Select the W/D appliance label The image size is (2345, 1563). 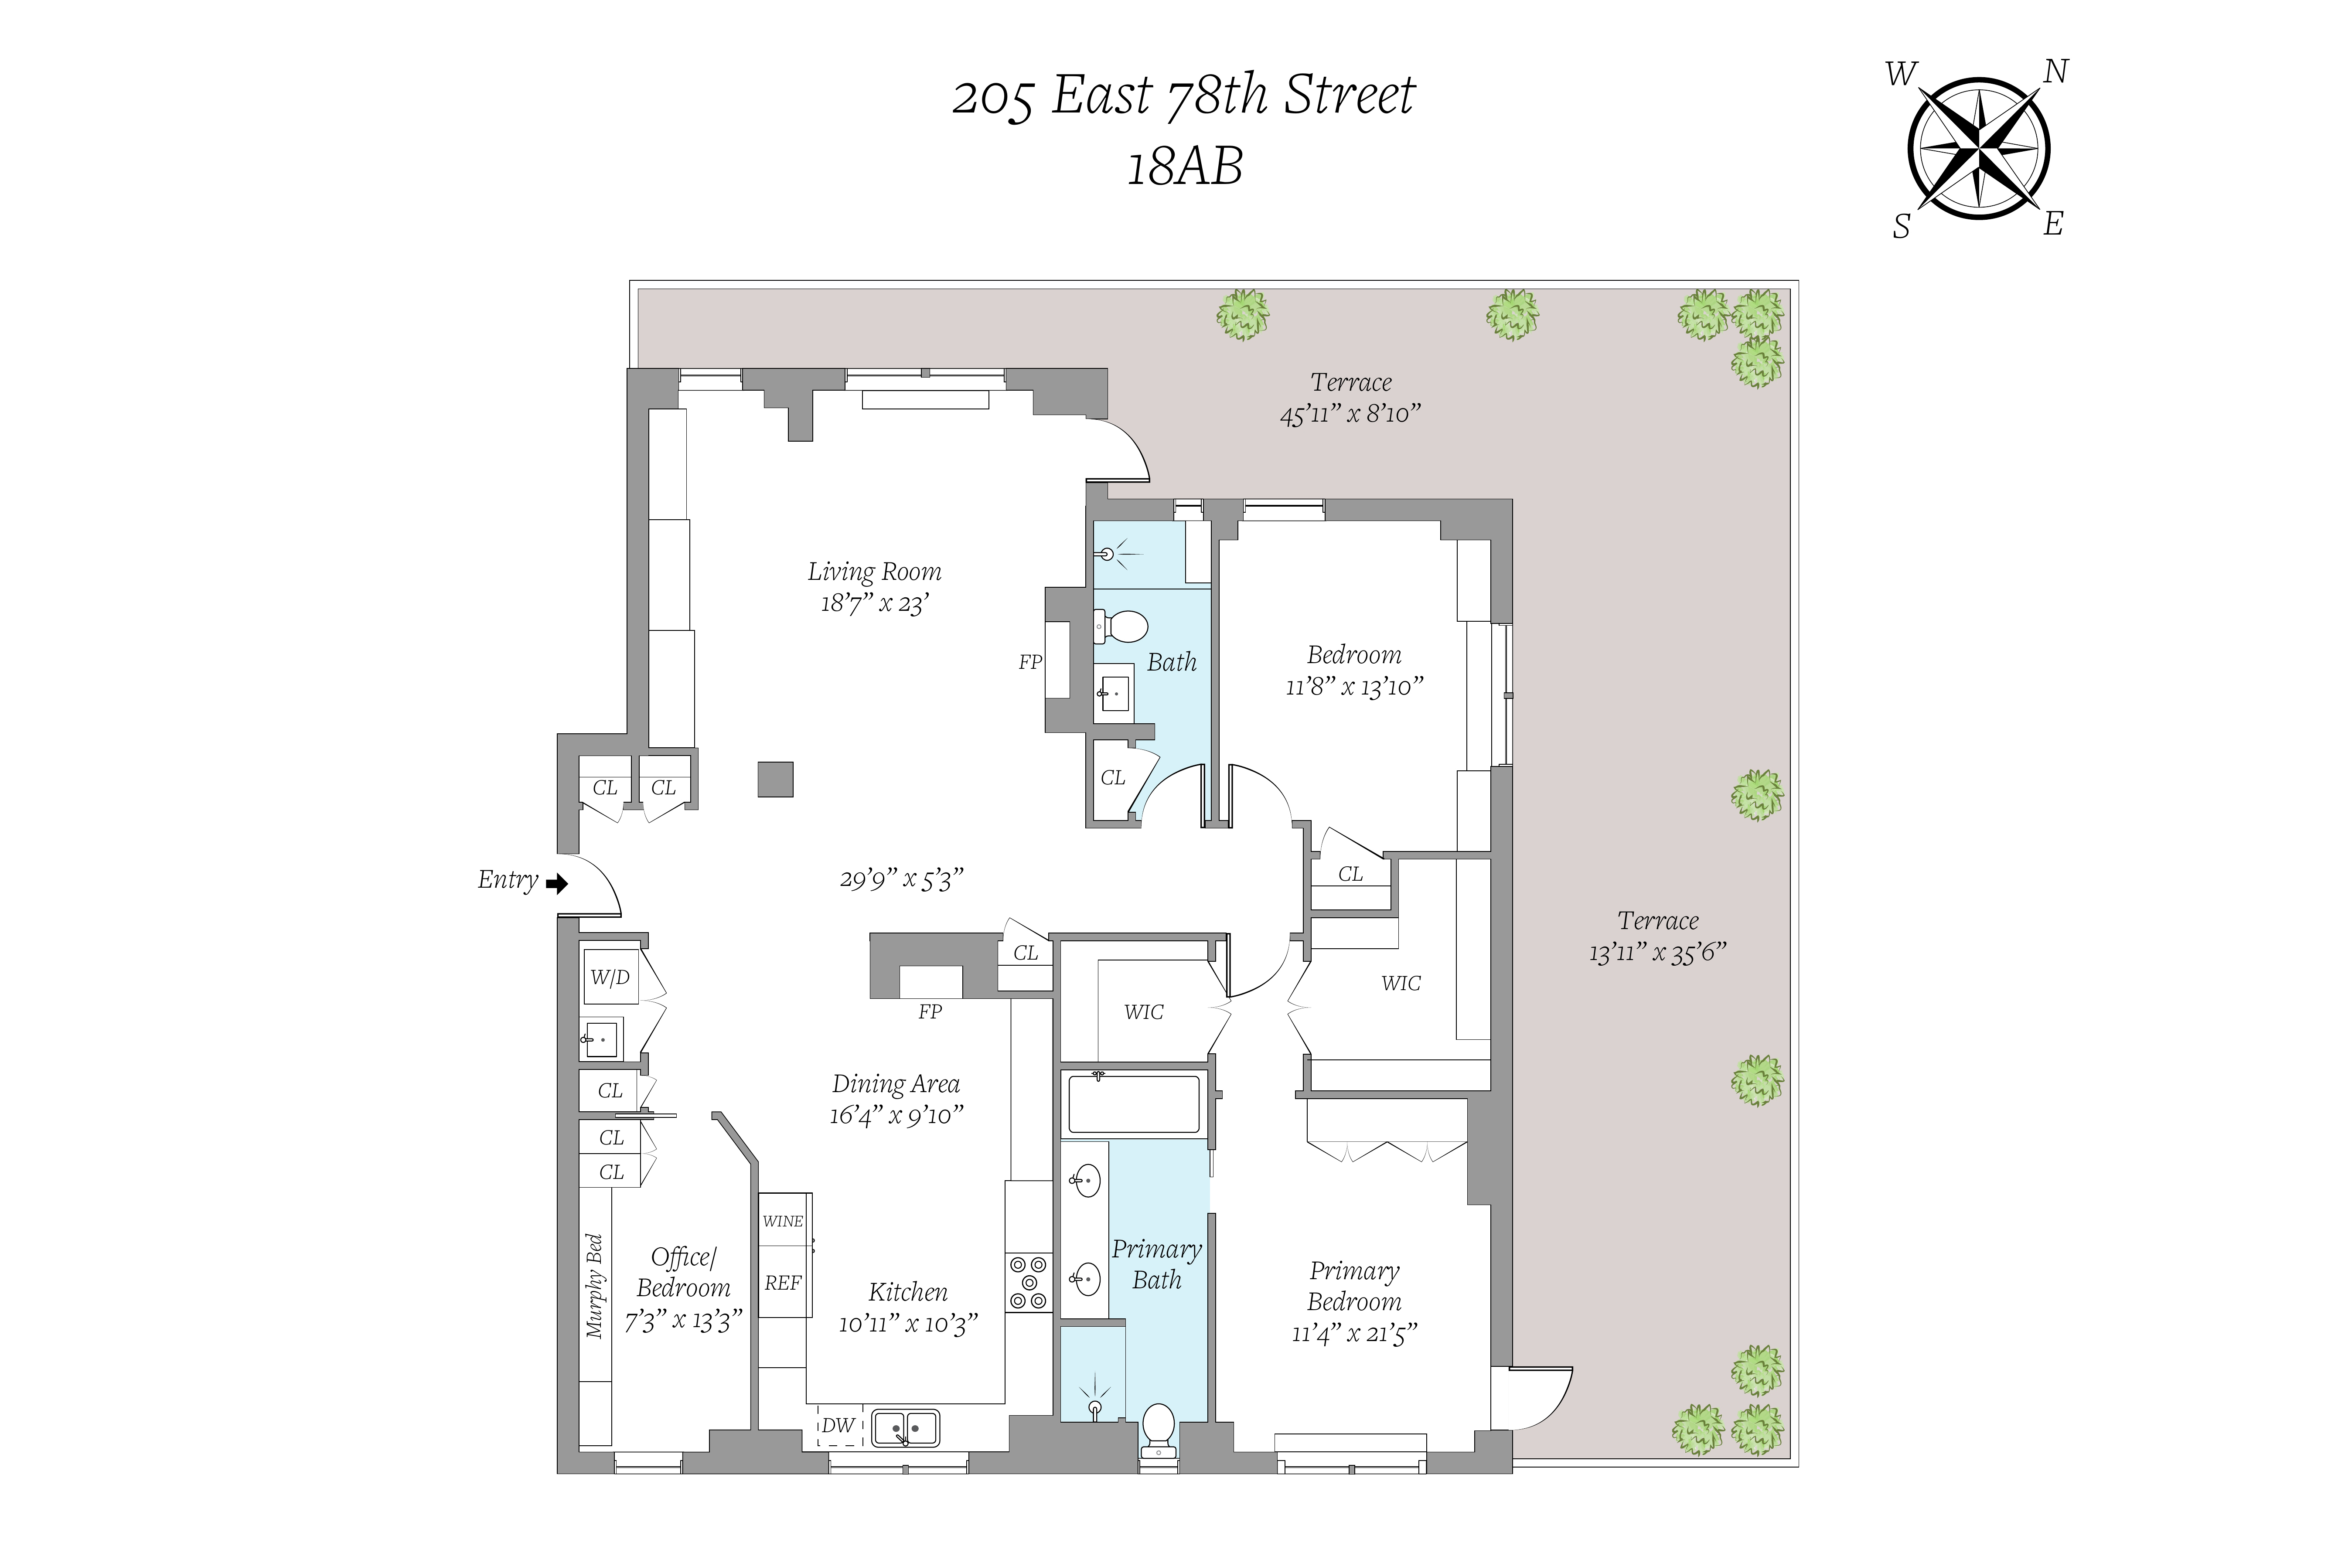(x=610, y=977)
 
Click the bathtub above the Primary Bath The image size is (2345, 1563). (x=1134, y=1103)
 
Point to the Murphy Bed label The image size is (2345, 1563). (x=595, y=1286)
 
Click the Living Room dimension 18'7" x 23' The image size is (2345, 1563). (x=874, y=603)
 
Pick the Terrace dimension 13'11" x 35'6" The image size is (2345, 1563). (x=1657, y=952)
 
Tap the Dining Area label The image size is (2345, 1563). (x=895, y=1083)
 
